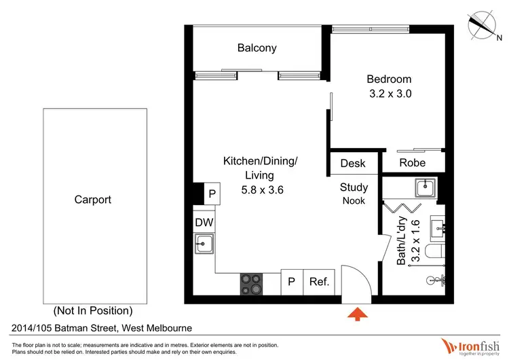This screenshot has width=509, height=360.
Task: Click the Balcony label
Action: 257,48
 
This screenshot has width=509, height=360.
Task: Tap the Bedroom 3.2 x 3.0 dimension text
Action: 390,94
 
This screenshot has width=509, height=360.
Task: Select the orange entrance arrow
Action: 358,314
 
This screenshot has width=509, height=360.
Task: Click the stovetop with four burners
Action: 251,284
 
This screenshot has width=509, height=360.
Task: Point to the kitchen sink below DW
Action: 204,244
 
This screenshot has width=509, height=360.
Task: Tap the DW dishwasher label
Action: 204,223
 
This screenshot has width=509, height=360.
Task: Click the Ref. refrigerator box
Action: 319,282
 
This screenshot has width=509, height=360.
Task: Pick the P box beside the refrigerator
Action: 292,282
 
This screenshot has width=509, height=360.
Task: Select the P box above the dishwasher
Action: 212,194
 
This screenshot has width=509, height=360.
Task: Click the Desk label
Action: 352,163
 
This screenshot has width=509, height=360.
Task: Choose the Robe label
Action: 412,163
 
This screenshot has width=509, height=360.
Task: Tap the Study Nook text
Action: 354,194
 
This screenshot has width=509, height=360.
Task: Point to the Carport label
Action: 93,200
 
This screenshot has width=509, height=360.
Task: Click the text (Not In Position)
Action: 93,310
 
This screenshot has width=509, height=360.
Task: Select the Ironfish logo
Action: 470,346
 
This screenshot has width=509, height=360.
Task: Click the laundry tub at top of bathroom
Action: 426,187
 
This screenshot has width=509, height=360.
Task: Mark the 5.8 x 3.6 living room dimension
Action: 262,190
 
